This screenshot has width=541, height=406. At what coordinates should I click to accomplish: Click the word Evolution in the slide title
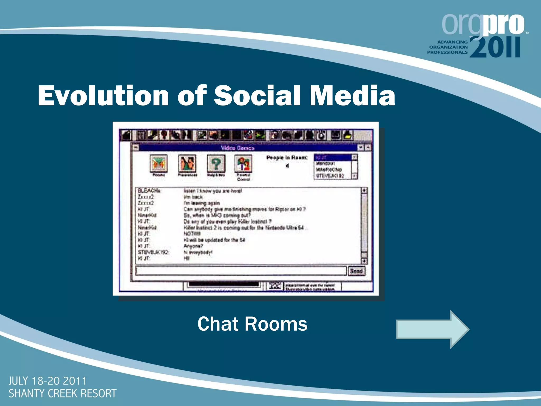103,96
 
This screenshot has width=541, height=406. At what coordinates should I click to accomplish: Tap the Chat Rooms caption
252,324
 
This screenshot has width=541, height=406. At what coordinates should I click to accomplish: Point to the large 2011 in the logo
495,48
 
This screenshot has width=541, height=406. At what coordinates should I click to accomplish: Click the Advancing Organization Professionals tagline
447,47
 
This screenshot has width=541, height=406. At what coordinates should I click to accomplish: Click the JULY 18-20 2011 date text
48,381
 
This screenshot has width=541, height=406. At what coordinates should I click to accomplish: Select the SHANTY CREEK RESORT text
62,394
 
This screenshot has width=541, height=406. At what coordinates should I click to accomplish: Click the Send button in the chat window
356,271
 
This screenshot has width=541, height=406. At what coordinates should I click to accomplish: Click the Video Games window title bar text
237,148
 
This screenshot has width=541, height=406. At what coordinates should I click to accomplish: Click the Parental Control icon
243,164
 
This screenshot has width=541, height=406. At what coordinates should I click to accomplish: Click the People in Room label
287,158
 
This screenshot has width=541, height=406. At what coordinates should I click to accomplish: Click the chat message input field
240,271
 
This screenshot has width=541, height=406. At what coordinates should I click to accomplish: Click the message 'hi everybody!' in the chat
198,252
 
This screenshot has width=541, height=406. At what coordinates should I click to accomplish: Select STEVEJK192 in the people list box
330,176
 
